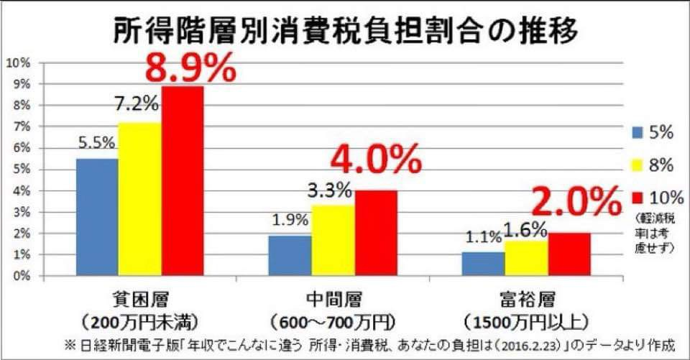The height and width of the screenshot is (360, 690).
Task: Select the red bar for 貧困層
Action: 183,180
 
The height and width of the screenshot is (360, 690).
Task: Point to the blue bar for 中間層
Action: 290,255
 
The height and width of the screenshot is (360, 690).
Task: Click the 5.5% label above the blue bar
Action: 96,143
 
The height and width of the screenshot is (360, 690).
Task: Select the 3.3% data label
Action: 332,191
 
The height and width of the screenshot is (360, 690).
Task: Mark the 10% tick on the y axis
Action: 18,63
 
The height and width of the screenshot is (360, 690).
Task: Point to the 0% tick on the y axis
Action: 21,276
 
